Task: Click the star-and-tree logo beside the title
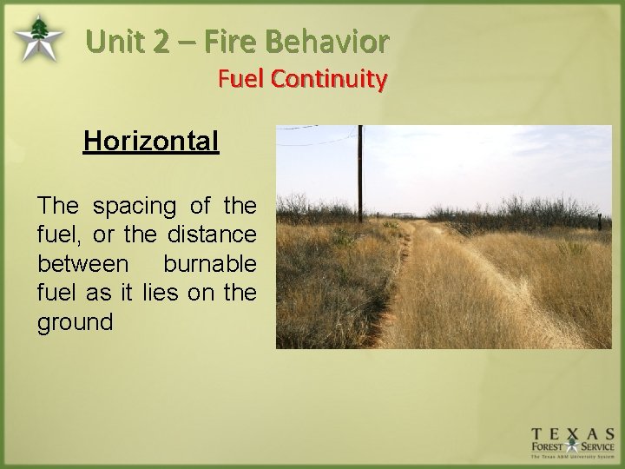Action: tap(38, 39)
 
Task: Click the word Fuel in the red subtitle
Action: tap(240, 79)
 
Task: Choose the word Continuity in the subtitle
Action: tap(329, 79)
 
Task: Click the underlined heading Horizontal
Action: tap(151, 141)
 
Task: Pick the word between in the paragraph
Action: tap(82, 264)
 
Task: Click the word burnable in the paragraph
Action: tap(209, 264)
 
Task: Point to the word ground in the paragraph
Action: tap(75, 322)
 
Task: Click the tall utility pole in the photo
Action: tap(359, 174)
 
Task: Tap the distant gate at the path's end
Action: tap(403, 214)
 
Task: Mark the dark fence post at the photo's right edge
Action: tap(599, 221)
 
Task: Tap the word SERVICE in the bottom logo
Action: tap(595, 449)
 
